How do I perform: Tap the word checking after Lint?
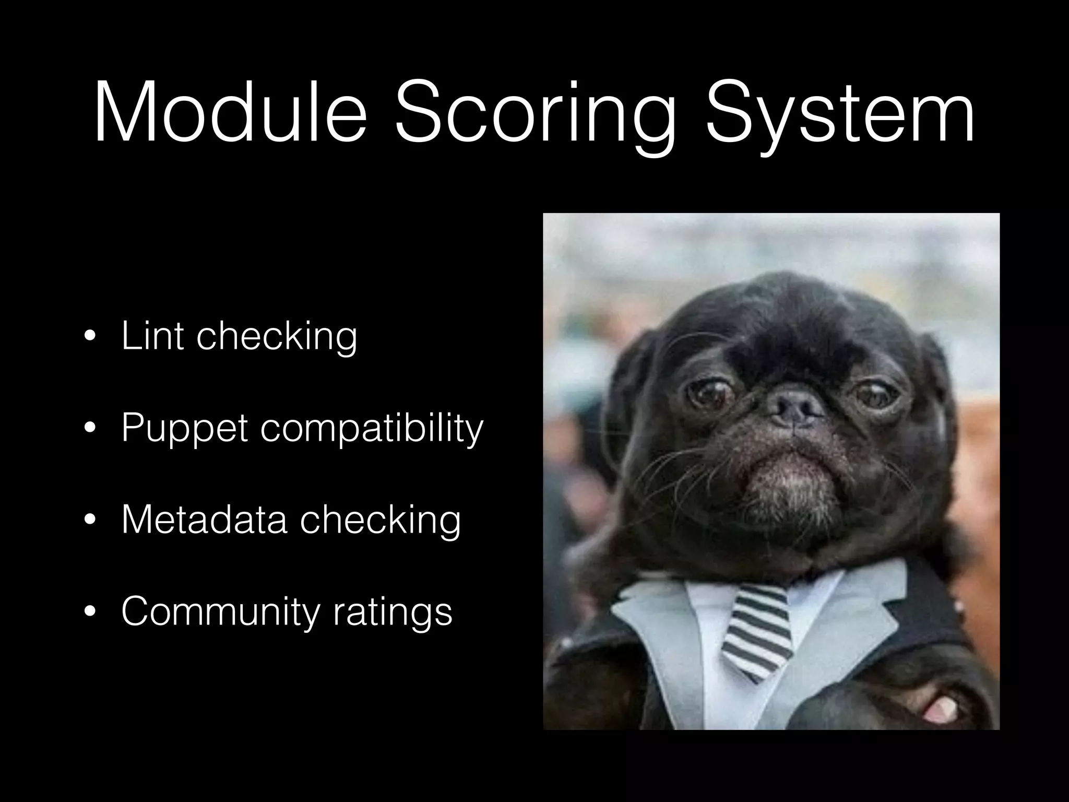tap(277, 337)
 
